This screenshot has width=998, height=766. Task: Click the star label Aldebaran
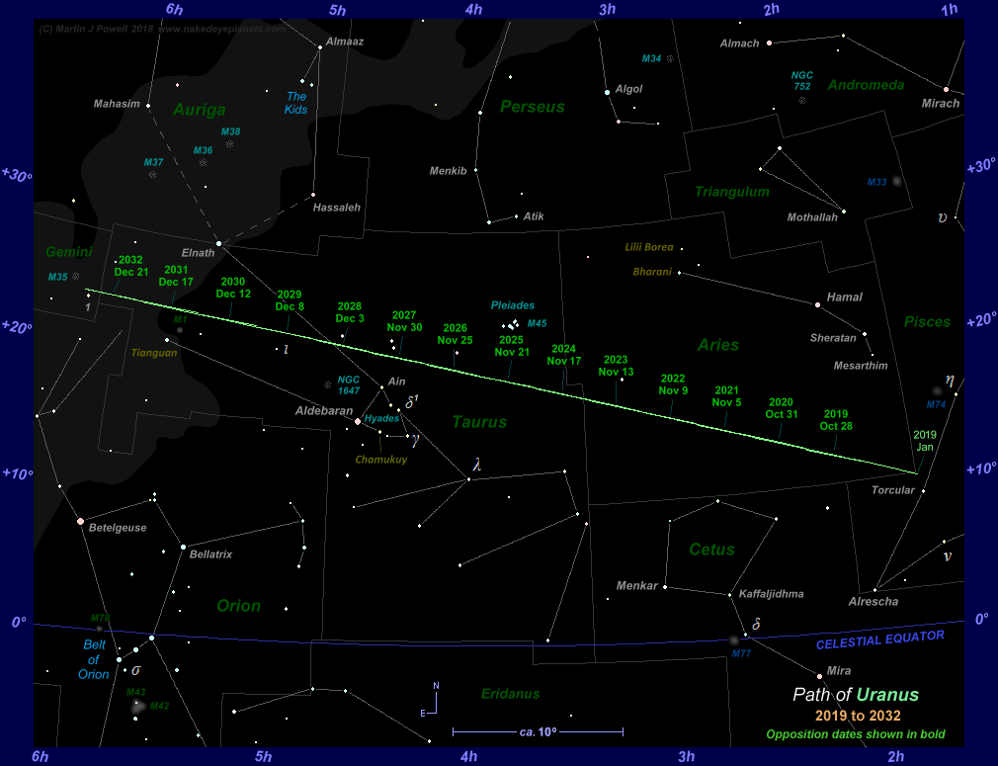324,410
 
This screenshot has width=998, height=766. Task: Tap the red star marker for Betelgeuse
81,521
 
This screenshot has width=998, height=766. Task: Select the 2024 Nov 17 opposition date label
564,355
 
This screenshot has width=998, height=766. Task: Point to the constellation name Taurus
479,422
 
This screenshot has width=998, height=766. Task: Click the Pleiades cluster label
513,305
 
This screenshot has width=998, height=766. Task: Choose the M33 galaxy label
877,182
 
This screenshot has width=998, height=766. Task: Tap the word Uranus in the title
887,695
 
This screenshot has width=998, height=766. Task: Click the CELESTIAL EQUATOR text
879,640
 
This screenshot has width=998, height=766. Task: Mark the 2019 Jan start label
924,441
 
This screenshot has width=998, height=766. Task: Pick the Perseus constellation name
532,107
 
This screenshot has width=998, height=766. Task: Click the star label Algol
628,89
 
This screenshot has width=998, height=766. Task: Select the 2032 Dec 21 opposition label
130,266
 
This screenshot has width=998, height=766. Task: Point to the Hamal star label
845,298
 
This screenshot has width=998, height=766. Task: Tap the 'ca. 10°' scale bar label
538,732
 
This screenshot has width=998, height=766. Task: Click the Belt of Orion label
94,660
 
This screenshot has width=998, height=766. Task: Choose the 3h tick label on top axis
607,10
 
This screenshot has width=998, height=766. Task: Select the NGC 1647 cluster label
349,384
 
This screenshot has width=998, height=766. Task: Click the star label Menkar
636,586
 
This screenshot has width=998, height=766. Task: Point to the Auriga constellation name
199,110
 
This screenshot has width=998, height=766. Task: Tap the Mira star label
838,671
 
